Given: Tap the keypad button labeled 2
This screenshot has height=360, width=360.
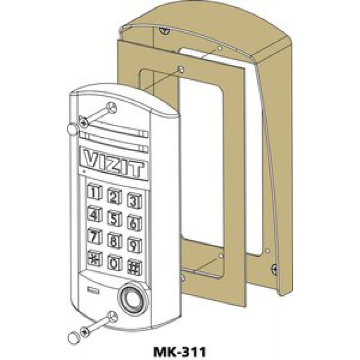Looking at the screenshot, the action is (114, 196).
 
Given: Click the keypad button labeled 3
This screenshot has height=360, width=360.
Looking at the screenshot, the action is (134, 200).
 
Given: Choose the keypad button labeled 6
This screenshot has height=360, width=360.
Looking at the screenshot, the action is (134, 222).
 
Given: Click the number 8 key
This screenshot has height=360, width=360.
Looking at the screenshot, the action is (114, 240).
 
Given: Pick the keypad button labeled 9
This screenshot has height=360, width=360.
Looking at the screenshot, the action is (134, 244).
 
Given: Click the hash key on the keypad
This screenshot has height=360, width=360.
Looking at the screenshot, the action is (134, 267).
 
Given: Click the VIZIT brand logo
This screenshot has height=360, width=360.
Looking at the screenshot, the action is (114, 163).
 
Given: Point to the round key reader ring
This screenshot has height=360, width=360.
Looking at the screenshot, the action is (132, 298).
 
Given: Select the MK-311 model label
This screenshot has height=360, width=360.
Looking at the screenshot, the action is (180, 351).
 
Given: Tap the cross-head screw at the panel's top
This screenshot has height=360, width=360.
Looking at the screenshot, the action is (84, 121).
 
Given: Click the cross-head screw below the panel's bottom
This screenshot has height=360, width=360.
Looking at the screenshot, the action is (85, 332).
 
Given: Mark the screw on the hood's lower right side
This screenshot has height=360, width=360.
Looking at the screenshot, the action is (275, 269).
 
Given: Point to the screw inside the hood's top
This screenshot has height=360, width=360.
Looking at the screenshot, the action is (164, 30).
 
